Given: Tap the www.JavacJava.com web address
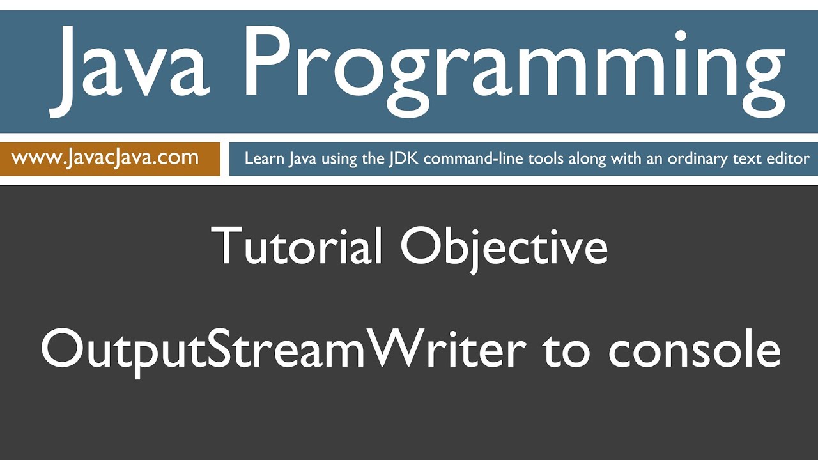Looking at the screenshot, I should tap(105, 157).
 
